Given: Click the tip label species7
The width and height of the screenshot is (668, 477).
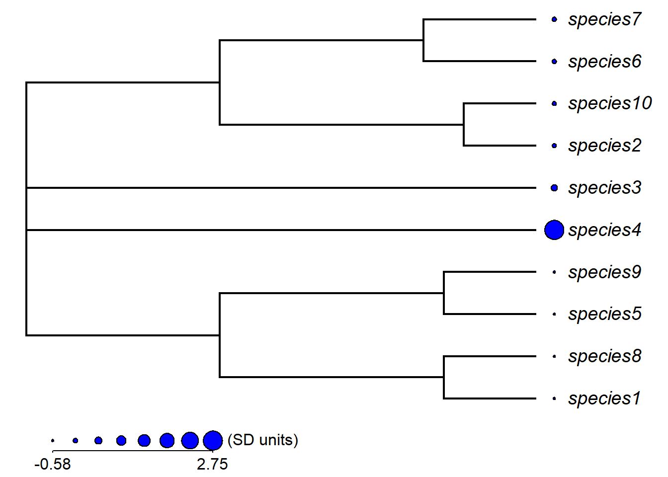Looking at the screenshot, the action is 604,20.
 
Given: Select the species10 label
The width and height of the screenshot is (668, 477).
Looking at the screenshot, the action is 610,104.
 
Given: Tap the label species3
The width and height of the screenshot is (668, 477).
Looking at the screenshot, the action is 604,188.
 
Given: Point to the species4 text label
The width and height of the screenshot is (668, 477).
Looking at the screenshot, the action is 604,230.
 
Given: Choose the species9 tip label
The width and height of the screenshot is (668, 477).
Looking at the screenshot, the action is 604,272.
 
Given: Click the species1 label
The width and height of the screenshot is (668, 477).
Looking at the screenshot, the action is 604,398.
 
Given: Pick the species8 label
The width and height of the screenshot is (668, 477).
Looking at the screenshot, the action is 604,357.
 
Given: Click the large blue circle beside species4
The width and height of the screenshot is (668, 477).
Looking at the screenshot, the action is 554,230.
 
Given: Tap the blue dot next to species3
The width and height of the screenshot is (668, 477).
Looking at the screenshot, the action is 554,188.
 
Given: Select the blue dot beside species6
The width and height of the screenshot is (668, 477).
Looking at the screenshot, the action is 554,62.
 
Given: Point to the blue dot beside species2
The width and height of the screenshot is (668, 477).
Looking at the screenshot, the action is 554,146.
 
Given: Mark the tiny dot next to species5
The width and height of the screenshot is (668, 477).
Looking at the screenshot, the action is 554,314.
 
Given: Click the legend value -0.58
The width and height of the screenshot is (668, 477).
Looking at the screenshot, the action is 53,464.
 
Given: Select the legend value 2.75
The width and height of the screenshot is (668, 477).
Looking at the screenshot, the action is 212,464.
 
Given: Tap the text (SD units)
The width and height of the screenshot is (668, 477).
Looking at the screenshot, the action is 263,440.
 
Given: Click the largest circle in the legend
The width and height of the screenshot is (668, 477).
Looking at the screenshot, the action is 213,440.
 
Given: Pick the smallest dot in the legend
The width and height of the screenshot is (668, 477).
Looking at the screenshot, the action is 53,440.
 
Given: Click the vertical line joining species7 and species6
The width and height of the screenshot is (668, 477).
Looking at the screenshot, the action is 423,40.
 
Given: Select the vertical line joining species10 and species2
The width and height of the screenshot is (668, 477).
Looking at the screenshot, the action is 464,125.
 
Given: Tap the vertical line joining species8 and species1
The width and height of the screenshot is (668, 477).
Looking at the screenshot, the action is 444,378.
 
